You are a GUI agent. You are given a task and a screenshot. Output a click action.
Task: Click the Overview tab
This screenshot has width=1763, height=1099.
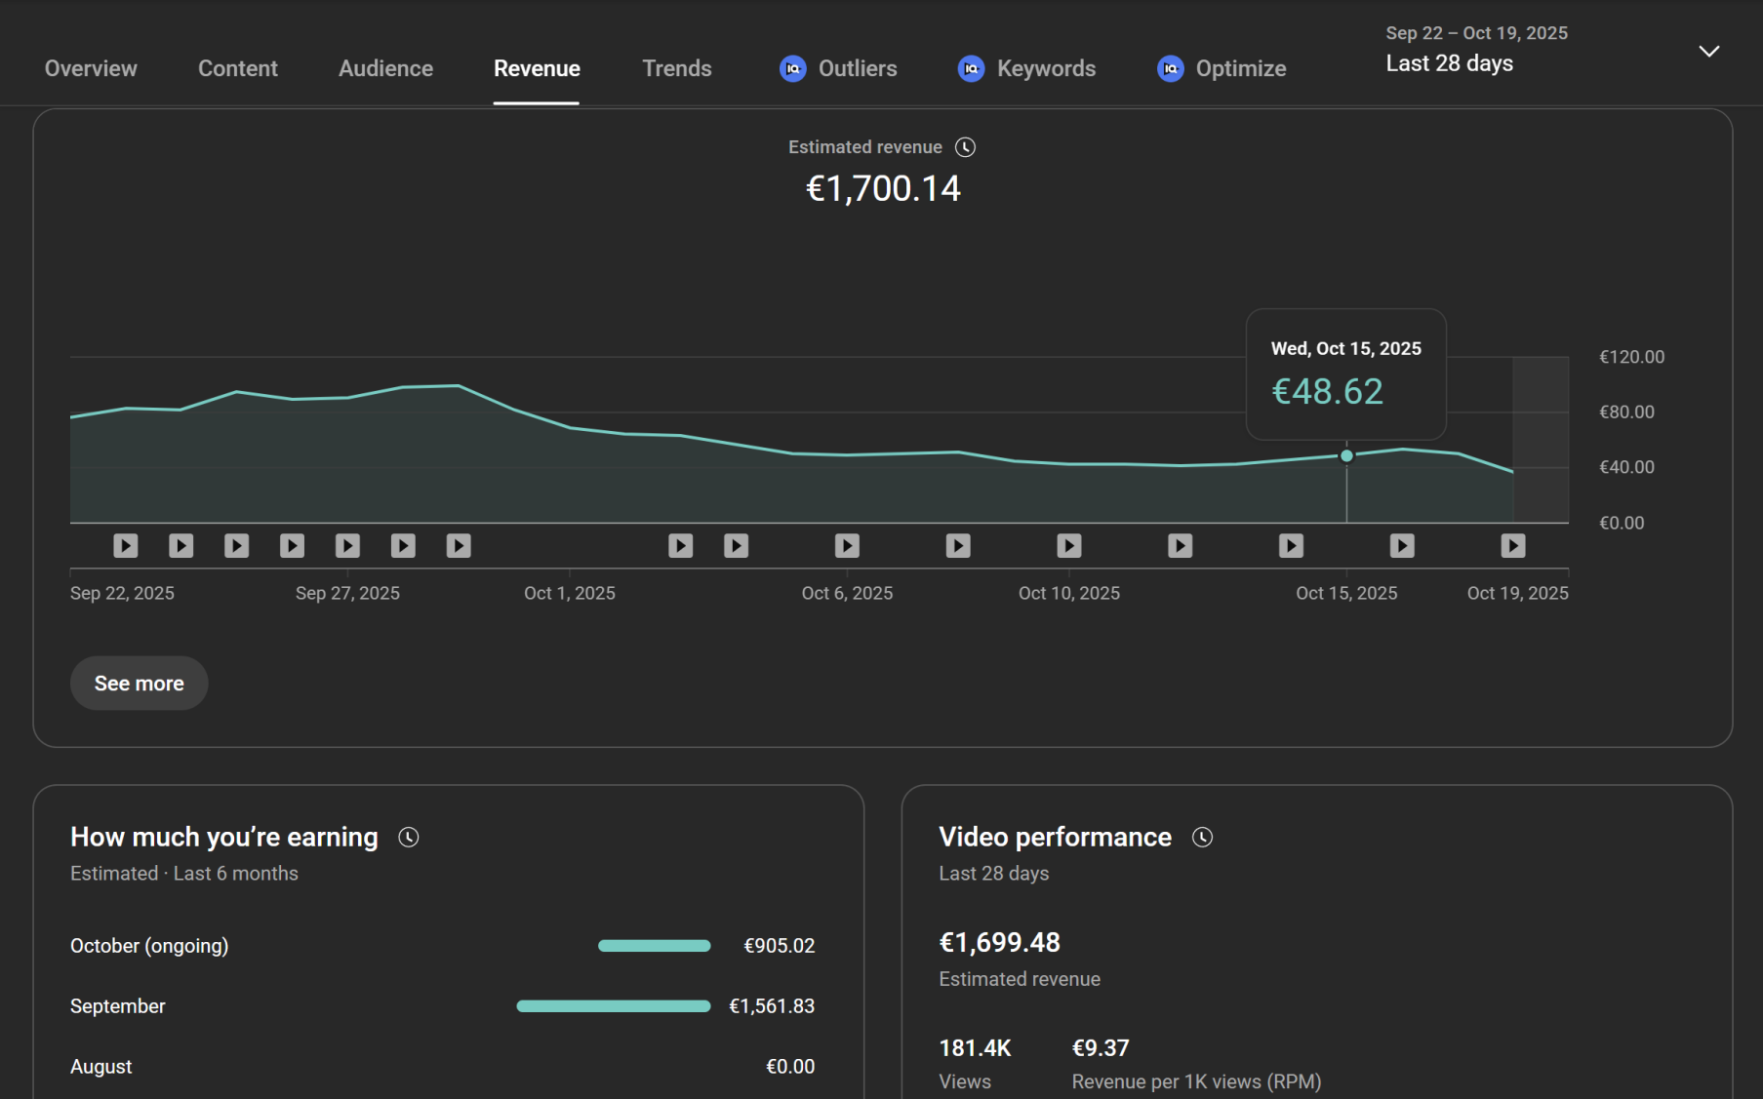(91, 68)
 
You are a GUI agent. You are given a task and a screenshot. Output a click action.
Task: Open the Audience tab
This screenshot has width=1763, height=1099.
(385, 68)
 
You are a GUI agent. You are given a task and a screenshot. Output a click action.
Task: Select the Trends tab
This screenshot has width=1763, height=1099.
(676, 68)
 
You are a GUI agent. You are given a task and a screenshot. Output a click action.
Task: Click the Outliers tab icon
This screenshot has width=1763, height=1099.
(792, 68)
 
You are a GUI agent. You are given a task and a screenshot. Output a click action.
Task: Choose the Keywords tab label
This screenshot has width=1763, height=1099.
(1046, 68)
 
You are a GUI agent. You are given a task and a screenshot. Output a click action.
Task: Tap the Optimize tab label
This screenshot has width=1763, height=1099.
(1240, 68)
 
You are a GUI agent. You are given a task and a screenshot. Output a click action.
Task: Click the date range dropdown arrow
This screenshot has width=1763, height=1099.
(1708, 52)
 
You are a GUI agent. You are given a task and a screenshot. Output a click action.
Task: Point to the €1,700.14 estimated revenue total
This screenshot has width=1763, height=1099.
(883, 188)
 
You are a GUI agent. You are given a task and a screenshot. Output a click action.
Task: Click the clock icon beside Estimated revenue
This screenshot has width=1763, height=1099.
(965, 147)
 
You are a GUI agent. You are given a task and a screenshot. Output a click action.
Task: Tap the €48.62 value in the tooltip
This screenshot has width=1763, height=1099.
(1327, 391)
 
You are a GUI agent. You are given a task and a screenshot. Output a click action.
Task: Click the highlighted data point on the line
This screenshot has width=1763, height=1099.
(1346, 455)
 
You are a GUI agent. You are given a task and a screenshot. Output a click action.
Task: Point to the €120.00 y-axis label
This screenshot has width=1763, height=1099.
(1631, 357)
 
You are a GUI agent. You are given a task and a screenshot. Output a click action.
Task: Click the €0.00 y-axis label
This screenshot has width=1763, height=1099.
(1621, 523)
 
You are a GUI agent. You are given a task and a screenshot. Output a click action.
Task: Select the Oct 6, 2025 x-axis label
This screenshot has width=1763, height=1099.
(847, 593)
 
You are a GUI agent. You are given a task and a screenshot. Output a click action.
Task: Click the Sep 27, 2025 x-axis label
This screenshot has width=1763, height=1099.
(347, 593)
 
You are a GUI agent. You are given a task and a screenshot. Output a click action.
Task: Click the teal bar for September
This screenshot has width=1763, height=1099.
(613, 1006)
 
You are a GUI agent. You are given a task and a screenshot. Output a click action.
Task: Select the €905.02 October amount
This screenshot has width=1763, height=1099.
(779, 946)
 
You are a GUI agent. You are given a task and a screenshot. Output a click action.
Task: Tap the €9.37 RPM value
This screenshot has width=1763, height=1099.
(1100, 1048)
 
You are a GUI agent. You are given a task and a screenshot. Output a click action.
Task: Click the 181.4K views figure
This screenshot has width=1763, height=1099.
(974, 1048)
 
